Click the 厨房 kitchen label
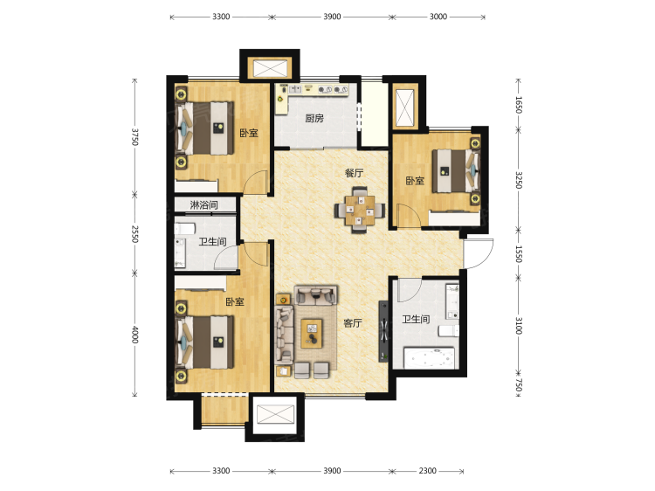314,118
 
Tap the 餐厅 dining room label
354,173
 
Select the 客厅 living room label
353,322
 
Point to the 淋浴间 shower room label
203,204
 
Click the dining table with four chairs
360,210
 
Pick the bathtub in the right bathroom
429,357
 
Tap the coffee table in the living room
312,333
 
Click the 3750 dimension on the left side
134,136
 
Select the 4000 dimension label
134,335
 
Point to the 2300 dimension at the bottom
427,471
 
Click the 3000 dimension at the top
438,17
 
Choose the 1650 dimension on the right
519,105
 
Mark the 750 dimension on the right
519,385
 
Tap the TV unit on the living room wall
383,331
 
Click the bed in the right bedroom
456,171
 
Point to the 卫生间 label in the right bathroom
416,319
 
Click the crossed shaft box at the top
270,68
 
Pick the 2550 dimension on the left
134,234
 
